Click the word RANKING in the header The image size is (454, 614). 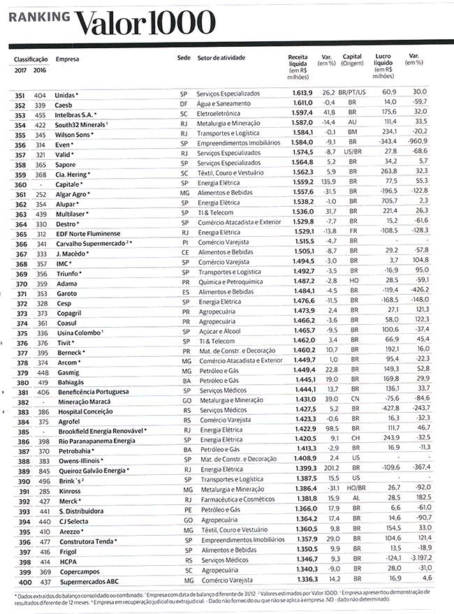[x=39, y=20]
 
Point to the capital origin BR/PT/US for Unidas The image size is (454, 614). [x=352, y=92]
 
